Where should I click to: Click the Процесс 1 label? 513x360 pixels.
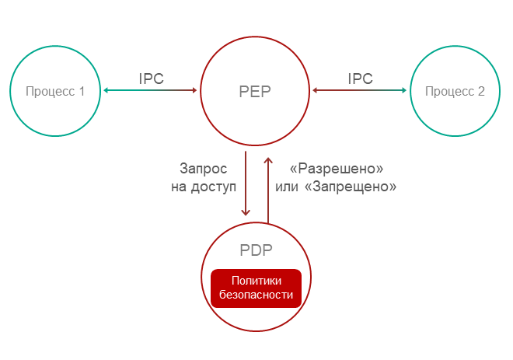point(55,91)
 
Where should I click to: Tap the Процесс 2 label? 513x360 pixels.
point(455,91)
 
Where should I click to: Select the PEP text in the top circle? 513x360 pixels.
point(256,92)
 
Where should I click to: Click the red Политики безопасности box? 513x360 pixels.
point(256,287)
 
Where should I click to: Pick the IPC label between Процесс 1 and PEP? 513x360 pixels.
point(151,79)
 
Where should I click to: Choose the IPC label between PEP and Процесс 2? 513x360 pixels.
point(360,79)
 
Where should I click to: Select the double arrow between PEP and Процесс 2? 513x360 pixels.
point(360,91)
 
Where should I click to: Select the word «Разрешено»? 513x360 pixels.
point(337,168)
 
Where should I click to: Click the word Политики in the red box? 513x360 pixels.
point(256,280)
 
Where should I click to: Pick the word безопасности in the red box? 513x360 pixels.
point(256,295)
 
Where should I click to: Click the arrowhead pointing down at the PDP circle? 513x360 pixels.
point(246,211)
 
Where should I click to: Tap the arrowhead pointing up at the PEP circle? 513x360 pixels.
point(267,159)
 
